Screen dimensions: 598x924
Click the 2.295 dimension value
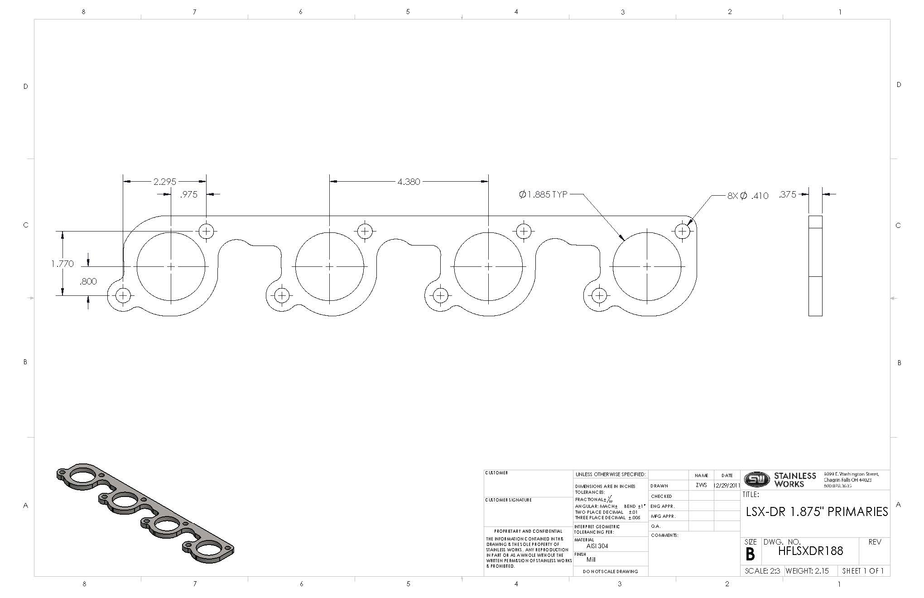pyautogui.click(x=164, y=182)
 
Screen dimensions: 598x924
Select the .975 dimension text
pyautogui.click(x=188, y=194)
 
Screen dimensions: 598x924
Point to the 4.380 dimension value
pyautogui.click(x=409, y=182)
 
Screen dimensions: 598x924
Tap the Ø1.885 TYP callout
pyautogui.click(x=543, y=194)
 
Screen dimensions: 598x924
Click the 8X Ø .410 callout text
pyautogui.click(x=747, y=196)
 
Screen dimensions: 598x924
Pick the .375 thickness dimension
pyautogui.click(x=787, y=194)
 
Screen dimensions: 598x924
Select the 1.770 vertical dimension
pyautogui.click(x=62, y=264)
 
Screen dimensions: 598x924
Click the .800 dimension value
pyautogui.click(x=88, y=281)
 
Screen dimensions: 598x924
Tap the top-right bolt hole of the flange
pyautogui.click(x=682, y=231)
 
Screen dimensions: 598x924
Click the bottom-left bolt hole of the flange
pyautogui.click(x=123, y=296)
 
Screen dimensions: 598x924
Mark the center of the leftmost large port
pyautogui.click(x=171, y=266)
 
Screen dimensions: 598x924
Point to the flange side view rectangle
pyautogui.click(x=815, y=265)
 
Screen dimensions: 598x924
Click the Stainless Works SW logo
pyautogui.click(x=756, y=479)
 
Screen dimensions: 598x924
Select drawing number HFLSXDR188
pyautogui.click(x=810, y=551)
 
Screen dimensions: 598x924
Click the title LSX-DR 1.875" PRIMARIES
pyautogui.click(x=817, y=512)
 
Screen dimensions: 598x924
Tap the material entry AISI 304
pyautogui.click(x=597, y=546)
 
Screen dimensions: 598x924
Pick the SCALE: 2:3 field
pyautogui.click(x=762, y=571)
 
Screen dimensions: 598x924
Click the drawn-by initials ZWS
pyautogui.click(x=701, y=485)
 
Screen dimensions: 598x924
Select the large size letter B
pyautogui.click(x=750, y=554)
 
